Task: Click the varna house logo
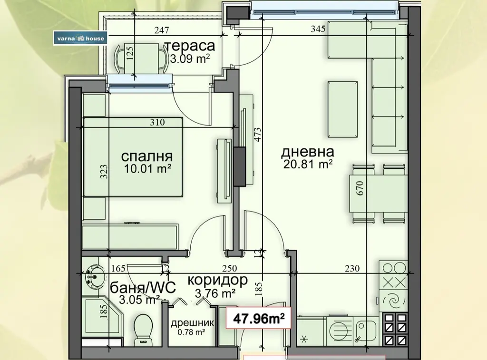pyautogui.click(x=80, y=38)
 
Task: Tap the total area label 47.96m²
pyautogui.click(x=259, y=318)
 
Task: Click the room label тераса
pyautogui.click(x=189, y=46)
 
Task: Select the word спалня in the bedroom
pyautogui.click(x=147, y=156)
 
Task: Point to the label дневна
pyautogui.click(x=308, y=152)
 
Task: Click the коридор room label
pyautogui.click(x=217, y=280)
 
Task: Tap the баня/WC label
pyautogui.click(x=143, y=287)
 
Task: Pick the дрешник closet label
pyautogui.click(x=192, y=323)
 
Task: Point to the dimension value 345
pyautogui.click(x=318, y=29)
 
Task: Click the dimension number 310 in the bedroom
pyautogui.click(x=157, y=122)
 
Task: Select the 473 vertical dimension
pyautogui.click(x=258, y=135)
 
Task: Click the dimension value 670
pyautogui.click(x=360, y=188)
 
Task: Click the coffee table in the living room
pyautogui.click(x=343, y=109)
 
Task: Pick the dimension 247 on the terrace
pyautogui.click(x=162, y=30)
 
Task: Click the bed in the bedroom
pyautogui.click(x=133, y=157)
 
